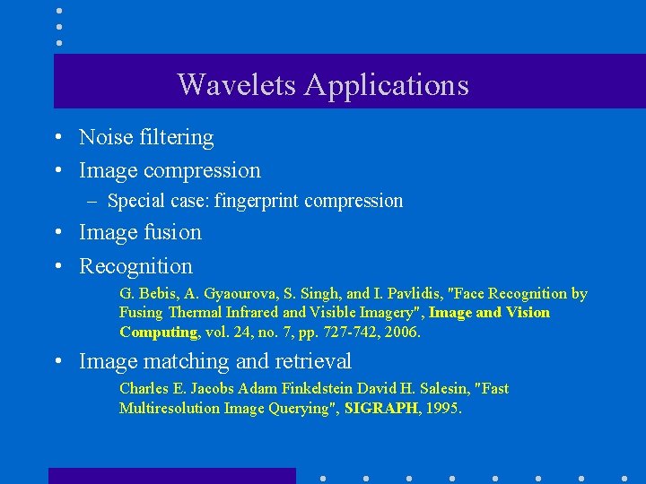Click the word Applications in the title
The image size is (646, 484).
pyautogui.click(x=386, y=85)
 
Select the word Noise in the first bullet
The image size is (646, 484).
pyautogui.click(x=104, y=137)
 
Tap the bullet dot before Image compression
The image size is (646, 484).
pyautogui.click(x=57, y=170)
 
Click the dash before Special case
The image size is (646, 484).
pyautogui.click(x=92, y=201)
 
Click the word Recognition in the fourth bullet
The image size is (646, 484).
pyautogui.click(x=135, y=266)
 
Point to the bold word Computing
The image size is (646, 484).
pyautogui.click(x=158, y=333)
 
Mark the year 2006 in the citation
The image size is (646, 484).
pyautogui.click(x=404, y=333)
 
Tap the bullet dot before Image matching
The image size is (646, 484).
pyautogui.click(x=57, y=362)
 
